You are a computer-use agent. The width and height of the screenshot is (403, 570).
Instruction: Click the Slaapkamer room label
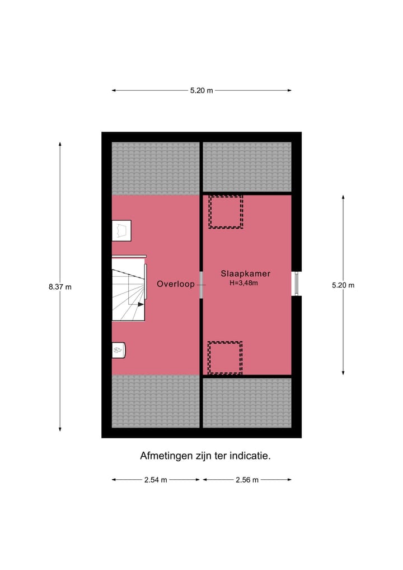click(x=246, y=274)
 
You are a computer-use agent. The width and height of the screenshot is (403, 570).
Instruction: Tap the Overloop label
click(x=176, y=284)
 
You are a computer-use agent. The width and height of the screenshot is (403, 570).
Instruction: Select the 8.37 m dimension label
click(x=60, y=286)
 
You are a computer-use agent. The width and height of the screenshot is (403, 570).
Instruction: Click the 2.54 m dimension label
click(x=156, y=480)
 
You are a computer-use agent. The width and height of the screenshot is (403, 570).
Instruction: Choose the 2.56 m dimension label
click(x=247, y=480)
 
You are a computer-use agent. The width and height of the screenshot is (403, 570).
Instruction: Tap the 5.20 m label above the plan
click(x=201, y=90)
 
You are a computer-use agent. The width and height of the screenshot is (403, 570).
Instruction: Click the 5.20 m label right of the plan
click(x=343, y=285)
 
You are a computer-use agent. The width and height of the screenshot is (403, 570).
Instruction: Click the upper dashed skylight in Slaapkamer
click(x=226, y=211)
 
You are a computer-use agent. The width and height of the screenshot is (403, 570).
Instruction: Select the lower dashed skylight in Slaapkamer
click(x=225, y=358)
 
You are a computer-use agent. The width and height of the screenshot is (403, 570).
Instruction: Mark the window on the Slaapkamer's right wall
click(x=297, y=284)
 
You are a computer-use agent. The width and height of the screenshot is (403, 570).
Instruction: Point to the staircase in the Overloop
click(x=128, y=289)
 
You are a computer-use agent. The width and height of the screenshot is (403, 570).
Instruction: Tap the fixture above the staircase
click(x=122, y=230)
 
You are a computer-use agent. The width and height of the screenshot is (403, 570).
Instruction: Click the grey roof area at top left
click(x=156, y=168)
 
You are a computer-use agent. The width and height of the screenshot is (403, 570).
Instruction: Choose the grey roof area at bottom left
click(x=156, y=402)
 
